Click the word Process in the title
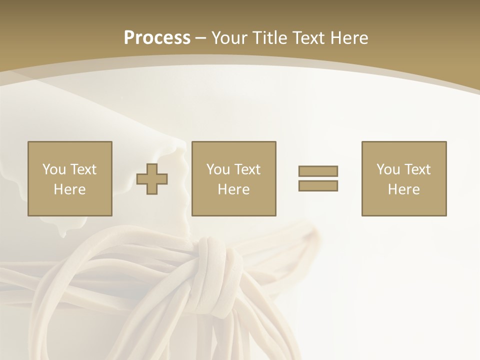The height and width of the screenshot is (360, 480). pyautogui.click(x=157, y=38)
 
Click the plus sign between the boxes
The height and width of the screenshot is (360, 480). pyautogui.click(x=152, y=179)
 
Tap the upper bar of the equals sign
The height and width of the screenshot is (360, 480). pyautogui.click(x=318, y=171)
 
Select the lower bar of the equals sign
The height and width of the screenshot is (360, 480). pyautogui.click(x=318, y=186)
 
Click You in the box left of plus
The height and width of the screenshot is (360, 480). pyautogui.click(x=53, y=169)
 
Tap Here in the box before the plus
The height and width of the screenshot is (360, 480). pyautogui.click(x=69, y=189)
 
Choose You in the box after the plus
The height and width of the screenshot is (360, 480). pyautogui.click(x=218, y=169)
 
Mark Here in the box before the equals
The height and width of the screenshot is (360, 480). pyautogui.click(x=233, y=189)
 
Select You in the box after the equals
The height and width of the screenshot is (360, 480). pyautogui.click(x=388, y=169)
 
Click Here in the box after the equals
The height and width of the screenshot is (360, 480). pyautogui.click(x=403, y=189)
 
